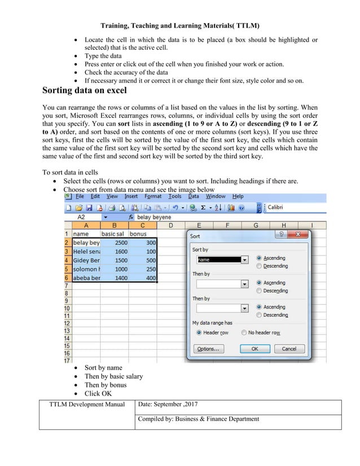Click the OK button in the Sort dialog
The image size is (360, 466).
254,349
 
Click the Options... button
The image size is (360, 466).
209,349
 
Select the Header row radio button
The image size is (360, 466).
199,333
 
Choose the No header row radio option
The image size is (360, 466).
244,333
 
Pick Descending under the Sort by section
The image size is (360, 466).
260,266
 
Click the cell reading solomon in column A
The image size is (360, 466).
86,270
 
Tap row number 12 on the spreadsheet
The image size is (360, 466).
67,323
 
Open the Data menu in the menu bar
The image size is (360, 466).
194,196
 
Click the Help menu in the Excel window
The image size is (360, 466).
238,196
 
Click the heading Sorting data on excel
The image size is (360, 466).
85,91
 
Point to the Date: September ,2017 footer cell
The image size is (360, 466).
167,404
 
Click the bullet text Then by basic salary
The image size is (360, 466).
113,376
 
